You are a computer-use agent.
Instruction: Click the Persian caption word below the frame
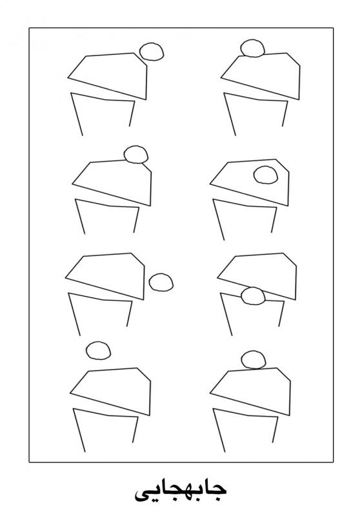(181, 493)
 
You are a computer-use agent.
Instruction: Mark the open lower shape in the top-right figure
(230, 114)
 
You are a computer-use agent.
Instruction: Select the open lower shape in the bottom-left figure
(79, 430)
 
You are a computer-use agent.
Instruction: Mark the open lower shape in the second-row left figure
(80, 216)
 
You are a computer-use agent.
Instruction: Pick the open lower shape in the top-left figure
(77, 114)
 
